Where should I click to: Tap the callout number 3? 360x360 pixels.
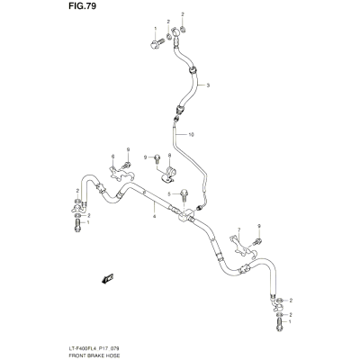pyautogui.click(x=208, y=85)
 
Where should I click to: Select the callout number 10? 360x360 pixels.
pyautogui.click(x=191, y=135)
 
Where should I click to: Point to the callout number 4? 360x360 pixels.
pyautogui.click(x=154, y=216)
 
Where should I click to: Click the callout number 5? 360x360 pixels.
pyautogui.click(x=169, y=194)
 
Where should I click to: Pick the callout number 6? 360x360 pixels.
pyautogui.click(x=112, y=157)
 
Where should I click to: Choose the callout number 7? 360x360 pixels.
pyautogui.click(x=238, y=230)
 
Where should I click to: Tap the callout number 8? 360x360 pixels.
pyautogui.click(x=169, y=155)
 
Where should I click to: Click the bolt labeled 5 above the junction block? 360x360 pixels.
pyautogui.click(x=184, y=196)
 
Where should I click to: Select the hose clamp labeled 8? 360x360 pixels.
pyautogui.click(x=168, y=175)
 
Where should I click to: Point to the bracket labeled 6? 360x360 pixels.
pyautogui.click(x=120, y=174)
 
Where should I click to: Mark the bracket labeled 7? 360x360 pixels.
pyautogui.click(x=242, y=246)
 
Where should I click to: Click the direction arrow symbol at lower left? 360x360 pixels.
pyautogui.click(x=107, y=278)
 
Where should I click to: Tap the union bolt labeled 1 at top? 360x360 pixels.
pyautogui.click(x=156, y=44)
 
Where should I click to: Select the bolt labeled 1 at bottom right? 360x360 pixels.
pyautogui.click(x=279, y=324)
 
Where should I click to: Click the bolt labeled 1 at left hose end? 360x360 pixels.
pyautogui.click(x=77, y=225)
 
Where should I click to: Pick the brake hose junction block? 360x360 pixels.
pyautogui.click(x=185, y=216)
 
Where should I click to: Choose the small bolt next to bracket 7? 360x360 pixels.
pyautogui.click(x=257, y=241)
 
